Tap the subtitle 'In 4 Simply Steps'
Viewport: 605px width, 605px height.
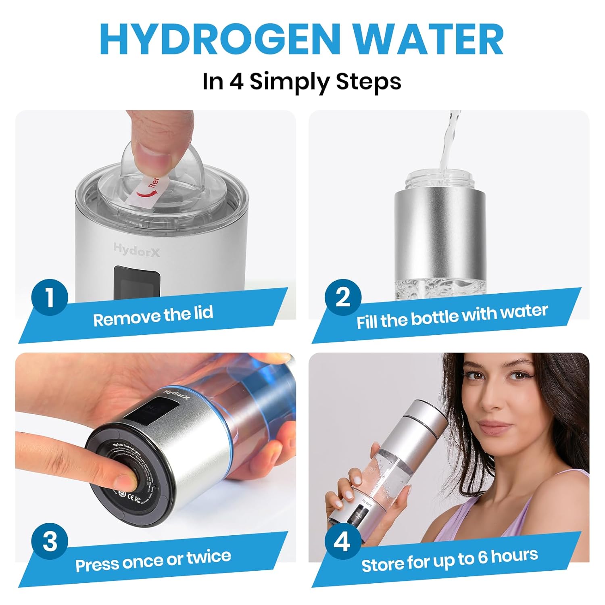[302, 81]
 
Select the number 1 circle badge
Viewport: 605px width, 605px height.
[50, 297]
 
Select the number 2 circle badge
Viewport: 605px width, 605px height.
[343, 297]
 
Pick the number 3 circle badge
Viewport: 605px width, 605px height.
[50, 541]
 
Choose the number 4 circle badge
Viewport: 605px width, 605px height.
[342, 542]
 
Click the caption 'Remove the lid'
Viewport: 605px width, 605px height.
[153, 316]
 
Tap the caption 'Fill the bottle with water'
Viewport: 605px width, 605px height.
[452, 317]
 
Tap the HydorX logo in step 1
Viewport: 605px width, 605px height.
[137, 250]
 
